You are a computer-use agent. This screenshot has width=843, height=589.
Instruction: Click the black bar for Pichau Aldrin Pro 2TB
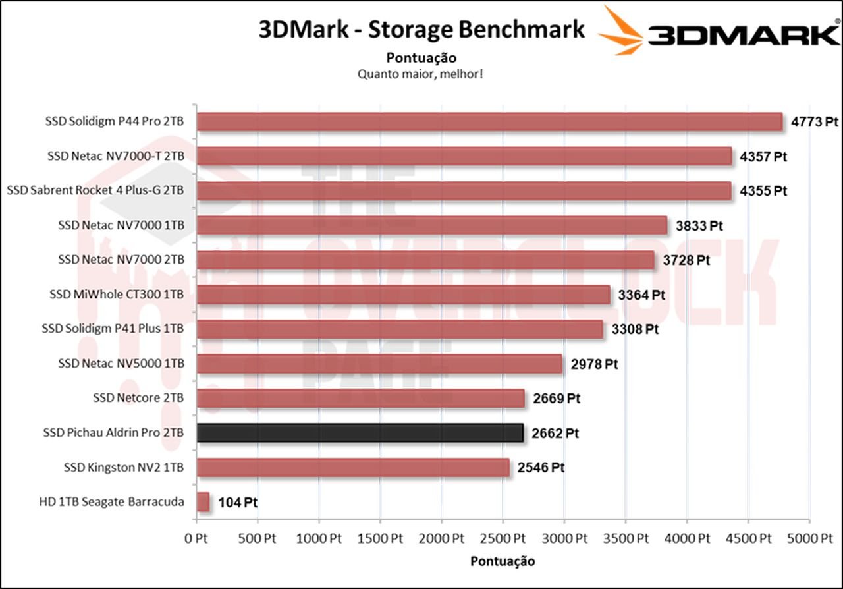click(360, 433)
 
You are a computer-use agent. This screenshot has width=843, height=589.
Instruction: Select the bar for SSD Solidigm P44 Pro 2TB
click(489, 122)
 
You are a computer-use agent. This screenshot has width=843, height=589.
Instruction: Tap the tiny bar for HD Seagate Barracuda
click(203, 502)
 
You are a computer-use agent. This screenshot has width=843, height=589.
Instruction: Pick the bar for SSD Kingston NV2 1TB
click(353, 468)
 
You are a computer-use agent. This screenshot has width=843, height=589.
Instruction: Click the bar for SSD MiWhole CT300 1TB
click(403, 294)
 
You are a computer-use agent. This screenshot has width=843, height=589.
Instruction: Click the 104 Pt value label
click(237, 503)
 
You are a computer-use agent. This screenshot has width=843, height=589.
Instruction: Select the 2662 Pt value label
click(555, 434)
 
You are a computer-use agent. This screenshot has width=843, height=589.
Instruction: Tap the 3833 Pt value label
click(699, 226)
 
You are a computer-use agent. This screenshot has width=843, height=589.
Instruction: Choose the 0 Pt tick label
click(196, 538)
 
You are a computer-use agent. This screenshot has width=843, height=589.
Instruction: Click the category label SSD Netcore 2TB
click(138, 398)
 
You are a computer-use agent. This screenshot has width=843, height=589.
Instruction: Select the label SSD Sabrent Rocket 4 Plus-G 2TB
click(95, 191)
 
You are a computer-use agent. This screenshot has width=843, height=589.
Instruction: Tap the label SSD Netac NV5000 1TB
click(121, 364)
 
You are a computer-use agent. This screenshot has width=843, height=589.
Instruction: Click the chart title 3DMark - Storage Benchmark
click(421, 30)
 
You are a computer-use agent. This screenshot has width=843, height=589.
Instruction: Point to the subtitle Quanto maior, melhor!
click(421, 74)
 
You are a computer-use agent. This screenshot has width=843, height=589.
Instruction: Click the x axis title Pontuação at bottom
click(503, 561)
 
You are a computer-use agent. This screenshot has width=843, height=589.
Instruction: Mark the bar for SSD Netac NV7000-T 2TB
click(464, 156)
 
